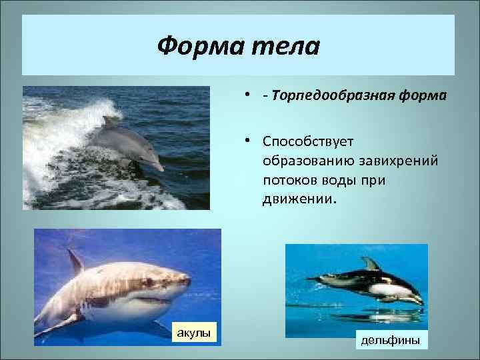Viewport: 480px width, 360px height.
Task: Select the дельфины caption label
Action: [x=390, y=340]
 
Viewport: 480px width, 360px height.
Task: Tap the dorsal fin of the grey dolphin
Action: [x=110, y=122]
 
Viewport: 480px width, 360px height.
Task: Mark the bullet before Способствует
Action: [x=247, y=141]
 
